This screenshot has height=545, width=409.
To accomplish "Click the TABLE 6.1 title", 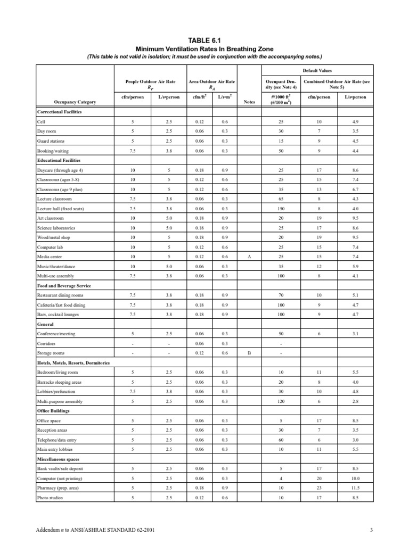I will [204, 39].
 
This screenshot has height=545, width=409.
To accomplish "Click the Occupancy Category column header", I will [75, 102].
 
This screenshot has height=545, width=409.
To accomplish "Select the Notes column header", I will [249, 102].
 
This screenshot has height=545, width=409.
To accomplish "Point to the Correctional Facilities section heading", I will [59, 112].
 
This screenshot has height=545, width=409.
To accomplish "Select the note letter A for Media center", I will [249, 257].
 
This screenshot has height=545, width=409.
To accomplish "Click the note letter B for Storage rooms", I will [249, 353].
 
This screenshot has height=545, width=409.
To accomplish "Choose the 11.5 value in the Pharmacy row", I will [355, 488].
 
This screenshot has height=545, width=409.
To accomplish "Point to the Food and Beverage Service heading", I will [64, 286].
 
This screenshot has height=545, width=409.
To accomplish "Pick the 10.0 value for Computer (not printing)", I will [355, 478].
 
